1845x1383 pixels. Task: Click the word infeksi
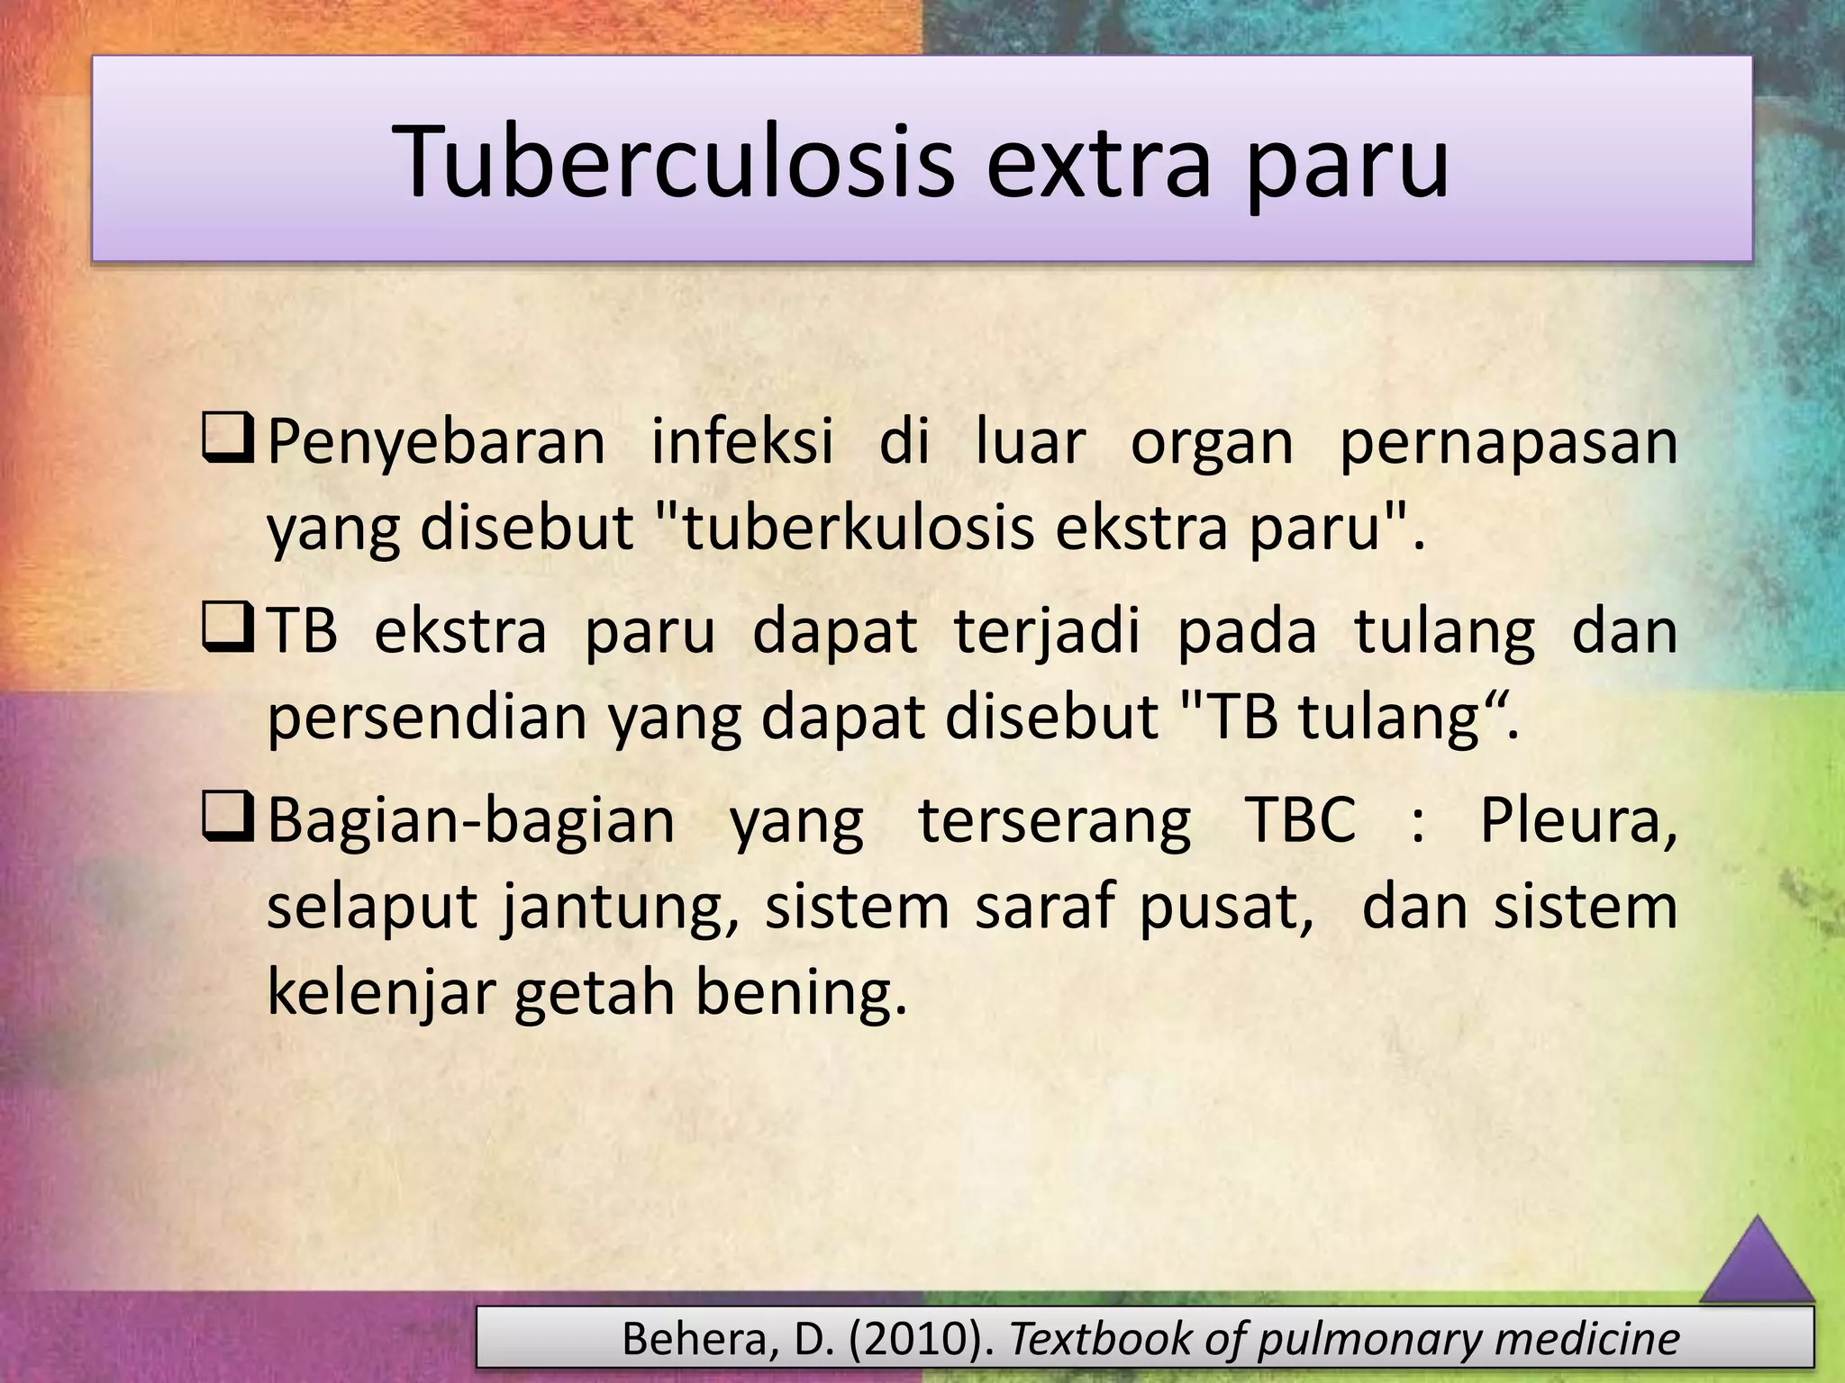741,443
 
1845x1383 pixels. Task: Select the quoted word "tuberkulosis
842,529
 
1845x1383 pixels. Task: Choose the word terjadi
1047,632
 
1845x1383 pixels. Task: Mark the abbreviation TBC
1300,820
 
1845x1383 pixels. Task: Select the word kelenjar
382,993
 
